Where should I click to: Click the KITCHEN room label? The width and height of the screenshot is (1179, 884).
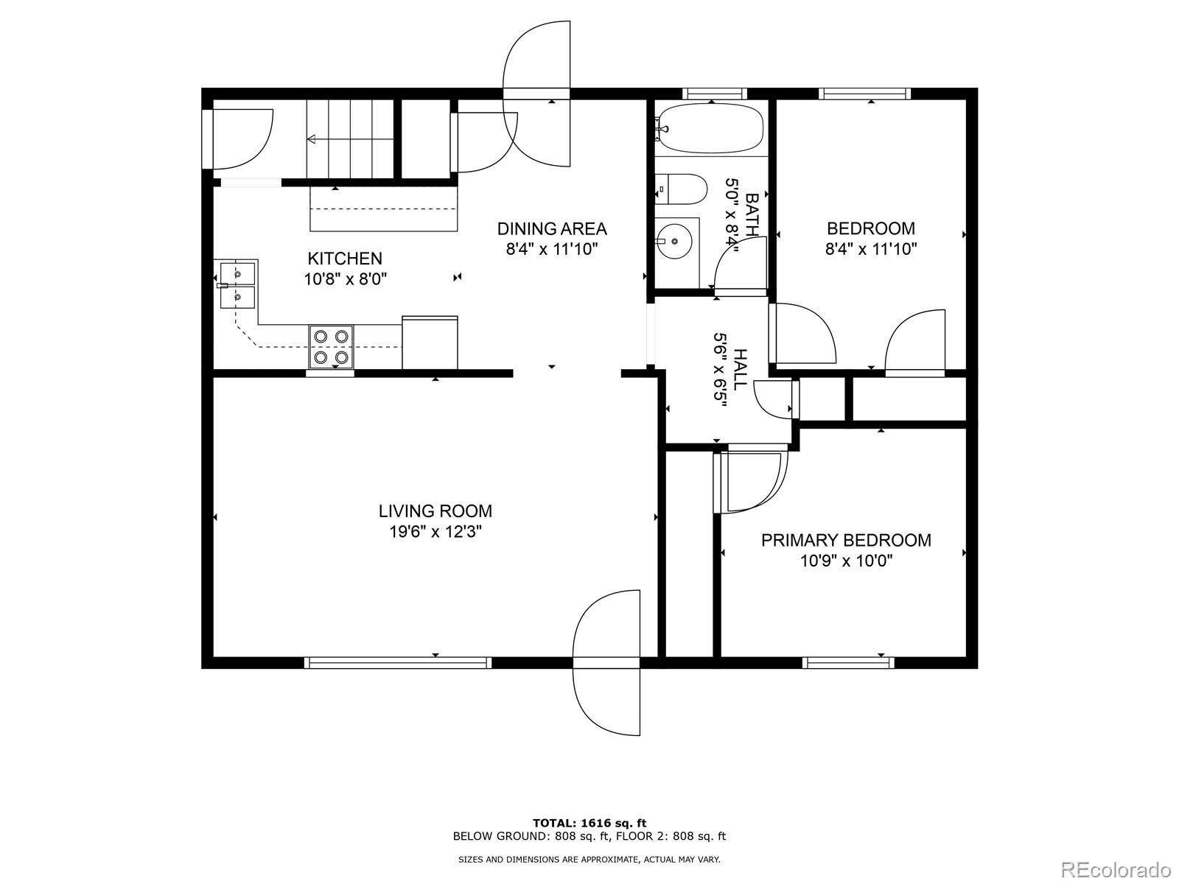point(344,259)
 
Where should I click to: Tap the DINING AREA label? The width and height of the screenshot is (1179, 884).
point(551,229)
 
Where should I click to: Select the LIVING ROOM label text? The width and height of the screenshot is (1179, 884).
point(435,511)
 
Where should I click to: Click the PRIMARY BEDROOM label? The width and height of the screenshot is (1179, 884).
point(846,541)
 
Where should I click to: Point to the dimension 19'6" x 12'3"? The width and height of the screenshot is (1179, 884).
point(435,532)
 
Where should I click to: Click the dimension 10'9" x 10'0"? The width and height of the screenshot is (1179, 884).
point(846,561)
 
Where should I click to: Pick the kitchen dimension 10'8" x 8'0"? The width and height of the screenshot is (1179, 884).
point(345,279)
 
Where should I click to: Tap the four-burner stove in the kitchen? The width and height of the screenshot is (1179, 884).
point(331,346)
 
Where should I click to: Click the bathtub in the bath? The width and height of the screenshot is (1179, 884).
point(710,127)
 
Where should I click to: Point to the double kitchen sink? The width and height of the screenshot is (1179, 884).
point(237,285)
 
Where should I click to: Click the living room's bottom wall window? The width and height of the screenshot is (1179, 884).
point(398,662)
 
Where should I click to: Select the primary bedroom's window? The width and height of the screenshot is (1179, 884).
point(847,662)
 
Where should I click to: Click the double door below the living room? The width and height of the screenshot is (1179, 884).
point(606,662)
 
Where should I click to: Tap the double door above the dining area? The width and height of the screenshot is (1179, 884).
point(536,94)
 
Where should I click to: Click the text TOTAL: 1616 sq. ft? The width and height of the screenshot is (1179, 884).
point(589,823)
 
